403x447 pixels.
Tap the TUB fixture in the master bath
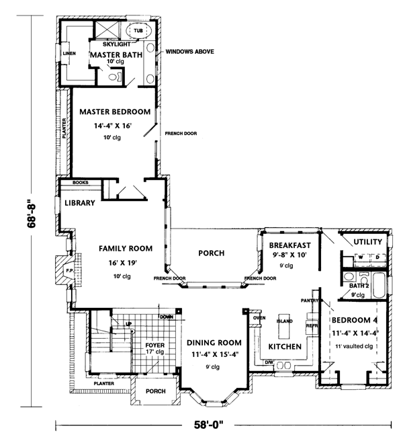tap(138, 31)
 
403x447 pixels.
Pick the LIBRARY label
tap(83, 202)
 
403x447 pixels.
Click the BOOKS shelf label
tap(80, 182)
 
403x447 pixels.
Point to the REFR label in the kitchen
tap(311, 326)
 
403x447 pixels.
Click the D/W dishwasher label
tap(269, 362)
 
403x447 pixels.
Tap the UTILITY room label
tap(367, 241)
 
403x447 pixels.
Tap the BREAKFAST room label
tap(290, 245)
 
